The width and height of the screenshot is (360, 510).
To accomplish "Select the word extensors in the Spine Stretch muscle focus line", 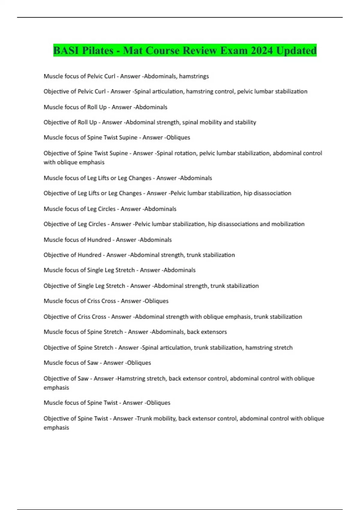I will pos(214,332).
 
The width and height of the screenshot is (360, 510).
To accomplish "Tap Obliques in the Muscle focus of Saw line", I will pos(139,363).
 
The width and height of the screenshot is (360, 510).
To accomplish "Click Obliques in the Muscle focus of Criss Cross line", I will pos(156,301).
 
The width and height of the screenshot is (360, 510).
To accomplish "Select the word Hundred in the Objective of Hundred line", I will pos(89,255).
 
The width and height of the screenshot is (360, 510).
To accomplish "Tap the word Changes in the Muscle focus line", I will pos(140,178).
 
